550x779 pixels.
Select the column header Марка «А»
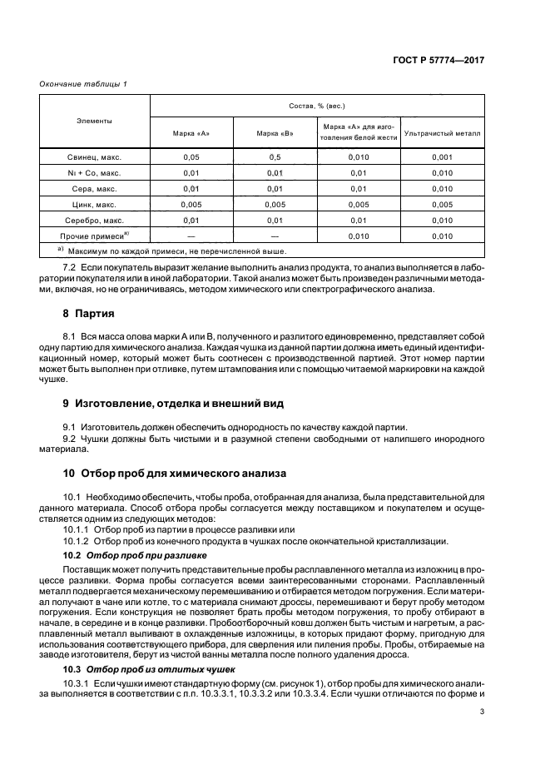click(191, 133)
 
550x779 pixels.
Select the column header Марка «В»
click(275, 133)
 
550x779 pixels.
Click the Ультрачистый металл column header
click(442, 133)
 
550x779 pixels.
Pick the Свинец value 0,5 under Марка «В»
click(275, 156)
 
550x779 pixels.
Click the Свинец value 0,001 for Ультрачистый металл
click(442, 156)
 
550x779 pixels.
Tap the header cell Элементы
click(94, 121)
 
